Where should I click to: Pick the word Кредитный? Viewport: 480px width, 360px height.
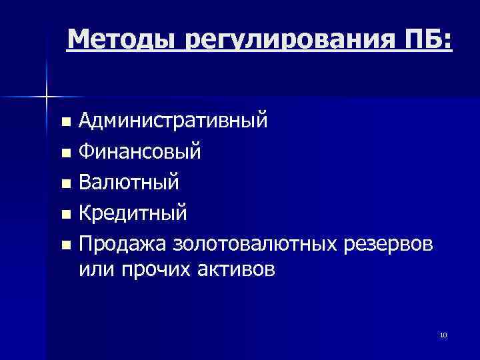click(x=133, y=213)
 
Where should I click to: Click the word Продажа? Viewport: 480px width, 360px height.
click(x=123, y=244)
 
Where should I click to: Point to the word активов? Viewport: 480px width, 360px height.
click(x=233, y=271)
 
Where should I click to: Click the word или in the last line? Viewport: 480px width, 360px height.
click(x=95, y=271)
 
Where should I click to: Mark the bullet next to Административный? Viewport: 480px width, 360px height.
click(x=65, y=123)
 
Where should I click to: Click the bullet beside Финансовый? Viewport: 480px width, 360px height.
click(x=65, y=153)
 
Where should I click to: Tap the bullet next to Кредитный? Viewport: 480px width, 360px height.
click(x=65, y=215)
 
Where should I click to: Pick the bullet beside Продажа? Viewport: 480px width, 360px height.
click(x=65, y=245)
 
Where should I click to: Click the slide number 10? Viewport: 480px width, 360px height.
click(x=443, y=335)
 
